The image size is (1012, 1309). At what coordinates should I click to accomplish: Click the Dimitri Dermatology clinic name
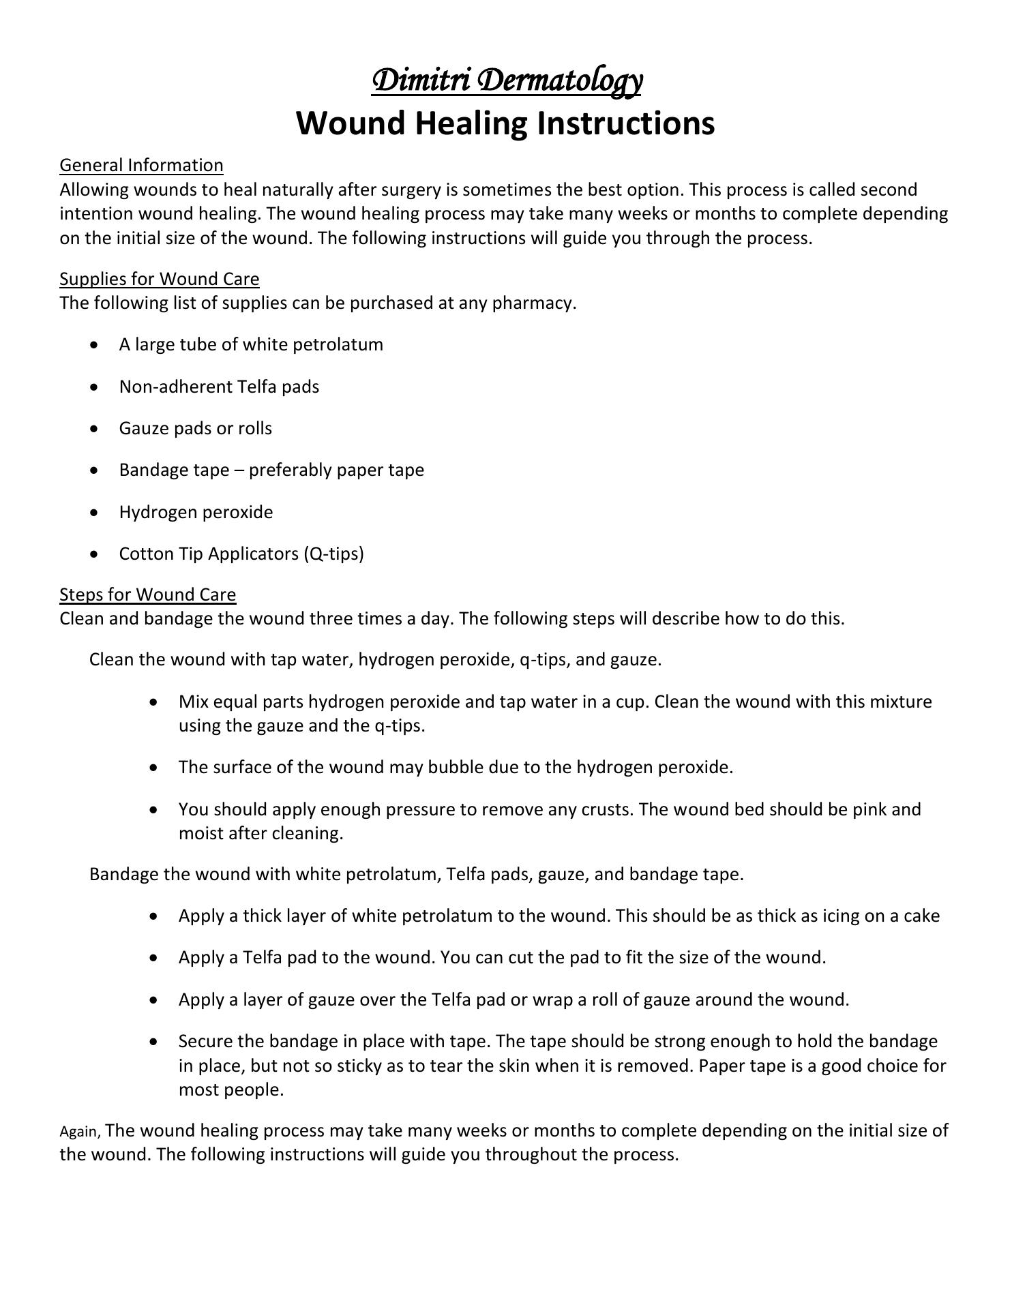[506, 80]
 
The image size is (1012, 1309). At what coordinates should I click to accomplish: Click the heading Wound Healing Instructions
[505, 123]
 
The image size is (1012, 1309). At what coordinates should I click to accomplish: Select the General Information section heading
[141, 166]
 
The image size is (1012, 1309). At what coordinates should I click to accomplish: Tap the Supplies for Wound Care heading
[159, 279]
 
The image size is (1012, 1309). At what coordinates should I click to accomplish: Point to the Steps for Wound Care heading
[147, 595]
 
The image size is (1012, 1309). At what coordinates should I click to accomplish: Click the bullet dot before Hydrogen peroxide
[94, 513]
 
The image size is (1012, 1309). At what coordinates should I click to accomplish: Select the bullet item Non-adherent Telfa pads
[219, 387]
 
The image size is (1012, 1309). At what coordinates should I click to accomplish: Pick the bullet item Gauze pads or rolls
[195, 428]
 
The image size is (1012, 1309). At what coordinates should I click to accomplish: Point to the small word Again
[80, 1132]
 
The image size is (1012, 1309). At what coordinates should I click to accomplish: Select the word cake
[922, 916]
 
